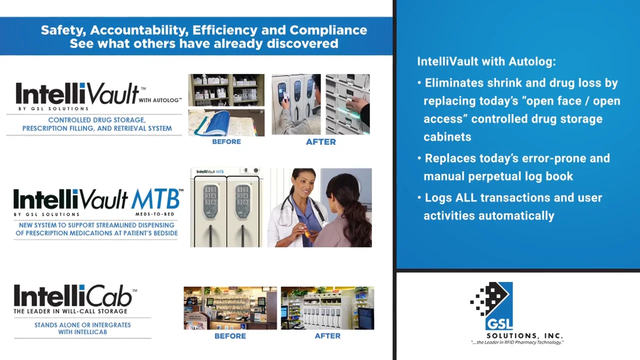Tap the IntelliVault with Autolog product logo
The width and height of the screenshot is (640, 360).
[x=95, y=95]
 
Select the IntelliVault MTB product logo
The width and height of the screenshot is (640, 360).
[x=97, y=201]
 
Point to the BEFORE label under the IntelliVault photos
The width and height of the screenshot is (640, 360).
[x=226, y=142]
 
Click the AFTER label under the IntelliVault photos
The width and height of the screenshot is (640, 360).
[x=320, y=142]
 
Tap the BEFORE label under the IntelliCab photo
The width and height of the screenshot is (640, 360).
[x=230, y=336]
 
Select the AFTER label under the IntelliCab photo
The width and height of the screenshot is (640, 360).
[x=327, y=336]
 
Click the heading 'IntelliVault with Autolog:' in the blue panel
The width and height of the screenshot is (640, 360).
[x=486, y=61]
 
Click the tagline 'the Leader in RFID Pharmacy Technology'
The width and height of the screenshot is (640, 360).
[x=517, y=342]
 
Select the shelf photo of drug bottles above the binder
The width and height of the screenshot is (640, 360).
[x=226, y=90]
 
